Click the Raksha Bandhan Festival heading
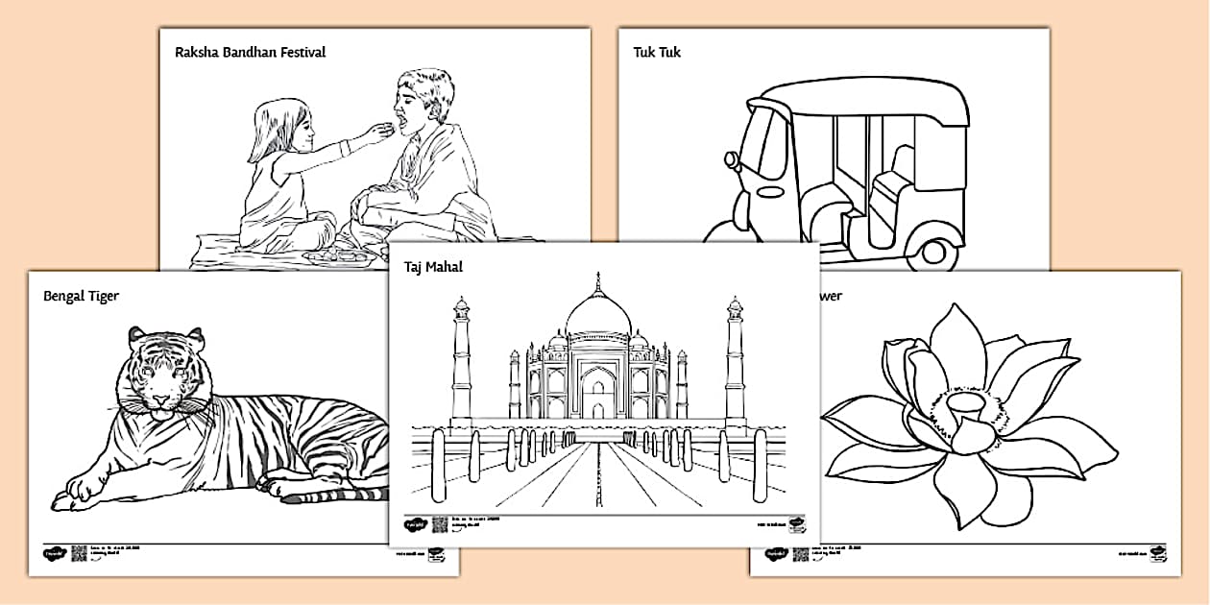click(x=250, y=52)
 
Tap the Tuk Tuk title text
click(x=657, y=52)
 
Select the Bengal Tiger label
click(x=81, y=296)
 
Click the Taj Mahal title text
click(x=433, y=267)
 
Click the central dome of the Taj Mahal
click(x=598, y=312)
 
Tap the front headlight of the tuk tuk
click(x=733, y=159)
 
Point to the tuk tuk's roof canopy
click(x=855, y=97)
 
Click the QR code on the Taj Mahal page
click(x=440, y=524)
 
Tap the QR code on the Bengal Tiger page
click(x=79, y=554)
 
